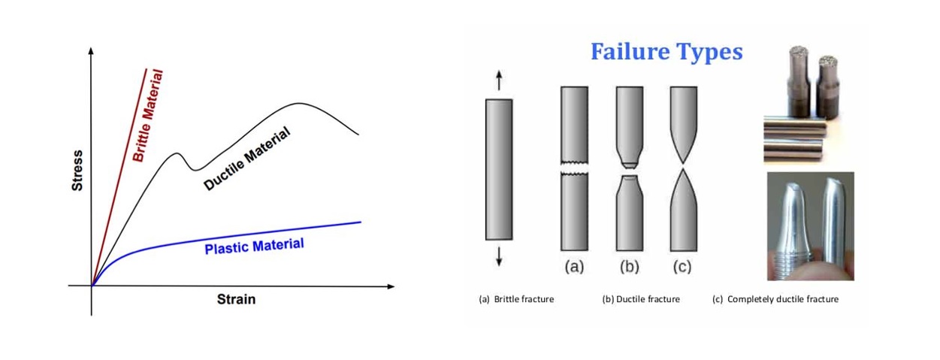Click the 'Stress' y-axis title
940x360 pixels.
point(77,170)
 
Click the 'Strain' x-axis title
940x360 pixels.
point(236,299)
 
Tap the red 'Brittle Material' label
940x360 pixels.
point(148,115)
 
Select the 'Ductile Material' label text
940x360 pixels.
point(247,158)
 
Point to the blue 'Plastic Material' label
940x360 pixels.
point(254,246)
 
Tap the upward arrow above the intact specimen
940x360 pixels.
point(499,80)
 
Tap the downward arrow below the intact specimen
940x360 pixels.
point(499,259)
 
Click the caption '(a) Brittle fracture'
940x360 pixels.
point(516,299)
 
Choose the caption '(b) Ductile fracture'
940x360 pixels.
point(641,299)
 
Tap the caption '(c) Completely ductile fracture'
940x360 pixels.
point(775,299)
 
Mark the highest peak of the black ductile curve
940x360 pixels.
point(299,104)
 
